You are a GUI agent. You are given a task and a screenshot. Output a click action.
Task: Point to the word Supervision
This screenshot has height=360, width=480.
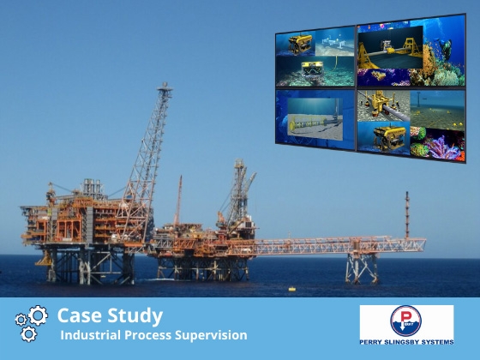tap(214, 335)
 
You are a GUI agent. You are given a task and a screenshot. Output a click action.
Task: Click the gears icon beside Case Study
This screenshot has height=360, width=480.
tap(31, 323)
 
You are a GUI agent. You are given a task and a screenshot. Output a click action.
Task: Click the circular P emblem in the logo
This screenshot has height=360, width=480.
tap(406, 321)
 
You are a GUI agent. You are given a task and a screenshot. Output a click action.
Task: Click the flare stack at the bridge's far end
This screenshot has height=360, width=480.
tap(406, 214)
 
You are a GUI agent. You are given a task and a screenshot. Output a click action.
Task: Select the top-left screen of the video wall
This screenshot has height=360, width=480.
tap(315, 57)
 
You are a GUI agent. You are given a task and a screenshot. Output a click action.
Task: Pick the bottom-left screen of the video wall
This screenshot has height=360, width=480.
tap(315, 118)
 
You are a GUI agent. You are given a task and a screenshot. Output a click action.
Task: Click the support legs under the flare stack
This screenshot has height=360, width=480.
tap(361, 267)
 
